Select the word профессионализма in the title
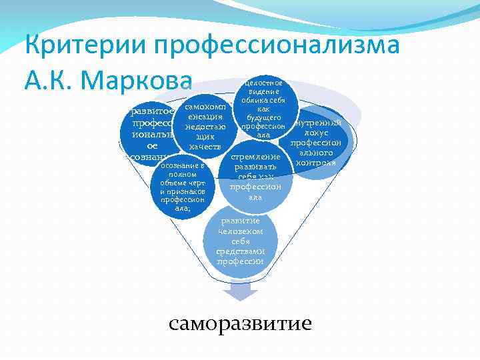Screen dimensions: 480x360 pyautogui.click(x=276, y=46)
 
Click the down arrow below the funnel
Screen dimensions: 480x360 pyautogui.click(x=240, y=291)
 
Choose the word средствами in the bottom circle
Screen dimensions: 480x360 pyautogui.click(x=240, y=251)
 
